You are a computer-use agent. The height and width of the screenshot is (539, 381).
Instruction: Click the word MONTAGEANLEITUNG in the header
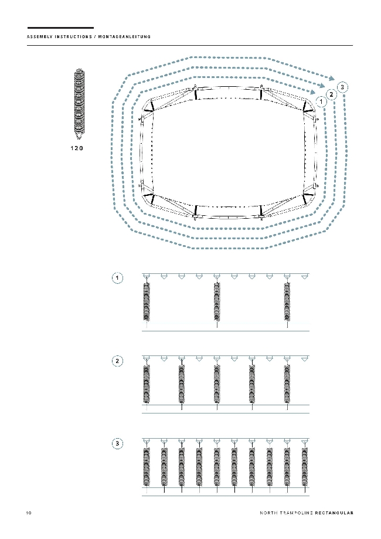click(x=124, y=37)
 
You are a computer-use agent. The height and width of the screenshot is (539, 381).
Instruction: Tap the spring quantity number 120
click(x=77, y=148)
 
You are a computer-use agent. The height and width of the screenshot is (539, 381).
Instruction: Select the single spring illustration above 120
click(x=79, y=104)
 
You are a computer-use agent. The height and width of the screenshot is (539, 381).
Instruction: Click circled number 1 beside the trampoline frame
click(x=321, y=101)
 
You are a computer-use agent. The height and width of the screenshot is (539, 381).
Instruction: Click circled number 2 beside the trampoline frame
click(x=331, y=94)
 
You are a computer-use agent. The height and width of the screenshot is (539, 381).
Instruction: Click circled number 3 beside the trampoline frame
click(x=342, y=87)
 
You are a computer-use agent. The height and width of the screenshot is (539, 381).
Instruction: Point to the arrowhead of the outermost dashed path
click(x=331, y=79)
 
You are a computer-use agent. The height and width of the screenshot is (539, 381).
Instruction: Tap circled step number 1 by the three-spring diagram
click(x=117, y=278)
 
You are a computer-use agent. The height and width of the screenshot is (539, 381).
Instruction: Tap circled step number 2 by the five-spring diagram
click(x=117, y=361)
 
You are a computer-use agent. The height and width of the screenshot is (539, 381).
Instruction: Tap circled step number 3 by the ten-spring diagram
click(x=117, y=443)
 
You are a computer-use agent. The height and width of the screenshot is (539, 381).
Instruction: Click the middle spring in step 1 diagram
click(x=217, y=302)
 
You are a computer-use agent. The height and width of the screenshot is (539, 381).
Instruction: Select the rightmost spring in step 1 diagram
click(x=287, y=302)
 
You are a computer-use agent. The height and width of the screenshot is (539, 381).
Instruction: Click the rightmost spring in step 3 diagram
click(x=304, y=467)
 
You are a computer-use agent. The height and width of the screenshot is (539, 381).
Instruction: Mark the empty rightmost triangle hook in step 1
click(x=304, y=276)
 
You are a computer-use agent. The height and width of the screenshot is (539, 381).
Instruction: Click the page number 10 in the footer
click(x=29, y=513)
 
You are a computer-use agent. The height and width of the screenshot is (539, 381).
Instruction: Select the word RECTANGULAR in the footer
click(x=334, y=513)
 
